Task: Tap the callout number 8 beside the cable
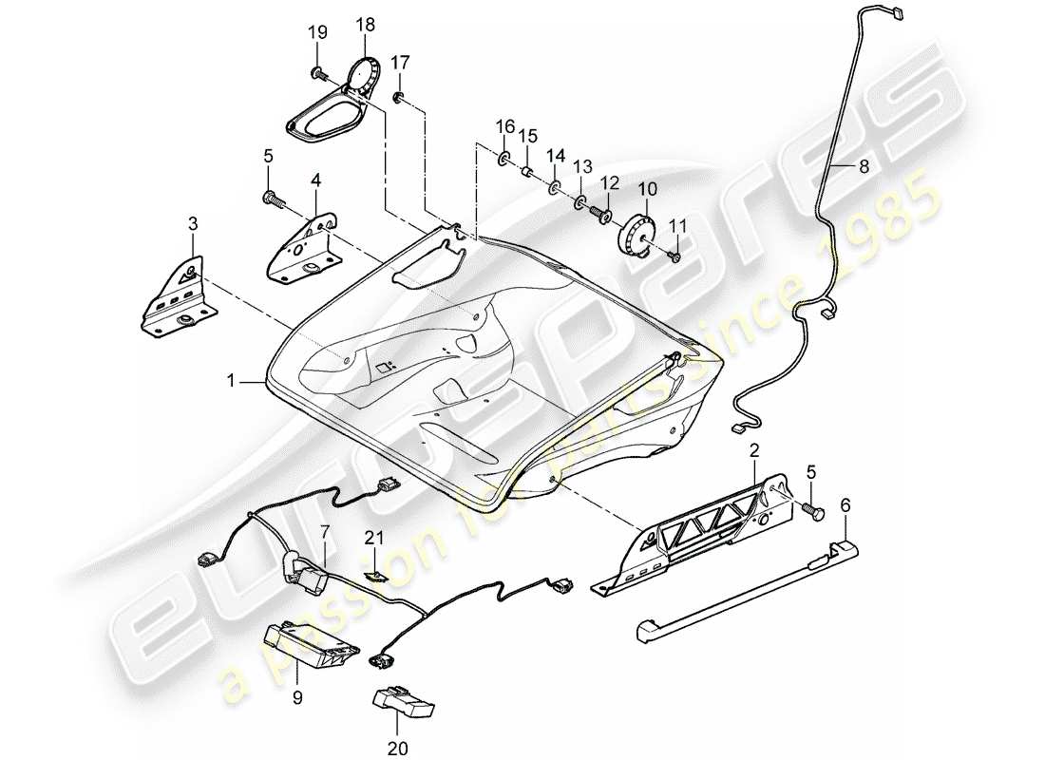pyautogui.click(x=863, y=166)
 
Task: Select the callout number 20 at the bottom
pyautogui.click(x=399, y=748)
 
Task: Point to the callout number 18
pyautogui.click(x=366, y=25)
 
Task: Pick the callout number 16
pyautogui.click(x=504, y=126)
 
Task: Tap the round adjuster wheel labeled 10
pyautogui.click(x=637, y=235)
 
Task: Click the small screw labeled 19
pyautogui.click(x=318, y=72)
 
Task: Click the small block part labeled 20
pyautogui.click(x=403, y=702)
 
